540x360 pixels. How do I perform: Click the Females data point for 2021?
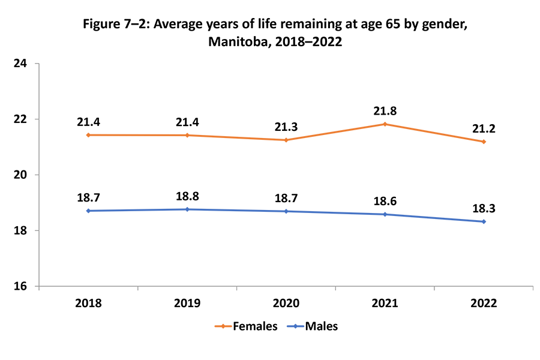[x=385, y=124]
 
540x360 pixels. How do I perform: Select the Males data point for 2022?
[x=484, y=221]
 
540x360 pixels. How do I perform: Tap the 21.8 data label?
[x=385, y=111]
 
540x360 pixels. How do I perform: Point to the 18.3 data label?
[x=484, y=208]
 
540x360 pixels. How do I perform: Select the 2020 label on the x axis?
[x=286, y=303]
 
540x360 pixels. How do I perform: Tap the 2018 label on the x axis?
[x=88, y=303]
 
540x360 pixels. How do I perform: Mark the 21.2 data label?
[x=484, y=129]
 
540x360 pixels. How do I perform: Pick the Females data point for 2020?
[x=286, y=140]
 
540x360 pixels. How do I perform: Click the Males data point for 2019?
[x=187, y=209]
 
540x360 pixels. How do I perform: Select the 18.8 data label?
[x=187, y=196]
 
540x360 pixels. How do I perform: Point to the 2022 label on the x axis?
[x=484, y=303]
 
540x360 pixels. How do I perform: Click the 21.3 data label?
[x=286, y=127]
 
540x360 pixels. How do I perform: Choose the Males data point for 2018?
[x=88, y=211]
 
